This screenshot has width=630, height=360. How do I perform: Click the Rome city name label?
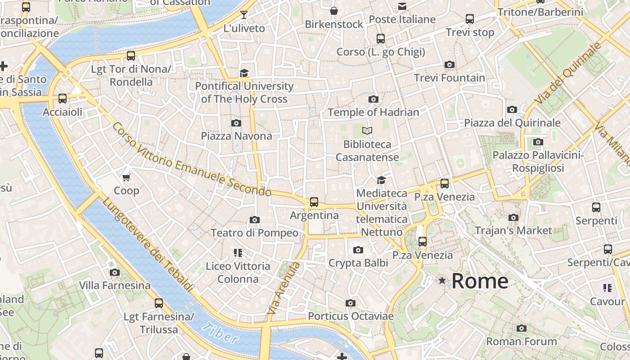click(x=480, y=281)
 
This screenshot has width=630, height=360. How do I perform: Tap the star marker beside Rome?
click(x=442, y=281)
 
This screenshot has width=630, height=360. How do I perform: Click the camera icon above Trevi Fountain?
click(x=449, y=65)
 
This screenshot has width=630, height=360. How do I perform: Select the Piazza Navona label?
click(x=236, y=136)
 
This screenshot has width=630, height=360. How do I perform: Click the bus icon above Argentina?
click(x=314, y=202)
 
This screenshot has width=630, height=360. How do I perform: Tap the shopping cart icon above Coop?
click(x=126, y=178)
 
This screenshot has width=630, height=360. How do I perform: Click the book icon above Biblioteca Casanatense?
click(x=367, y=131)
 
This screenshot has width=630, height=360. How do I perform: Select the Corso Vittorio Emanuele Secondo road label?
click(x=191, y=160)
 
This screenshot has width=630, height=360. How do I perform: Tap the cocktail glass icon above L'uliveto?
click(x=244, y=15)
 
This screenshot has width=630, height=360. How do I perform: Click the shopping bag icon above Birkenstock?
click(x=334, y=11)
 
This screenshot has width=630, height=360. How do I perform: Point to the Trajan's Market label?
click(x=513, y=231)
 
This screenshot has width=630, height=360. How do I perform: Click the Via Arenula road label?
click(x=283, y=288)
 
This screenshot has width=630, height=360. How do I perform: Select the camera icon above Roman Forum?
click(x=522, y=328)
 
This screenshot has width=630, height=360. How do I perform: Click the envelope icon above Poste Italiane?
click(x=402, y=6)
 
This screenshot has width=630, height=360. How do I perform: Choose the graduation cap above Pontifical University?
click(x=244, y=73)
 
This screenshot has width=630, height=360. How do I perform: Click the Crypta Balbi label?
click(x=358, y=263)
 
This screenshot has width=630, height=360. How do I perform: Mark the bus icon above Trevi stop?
click(x=470, y=19)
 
